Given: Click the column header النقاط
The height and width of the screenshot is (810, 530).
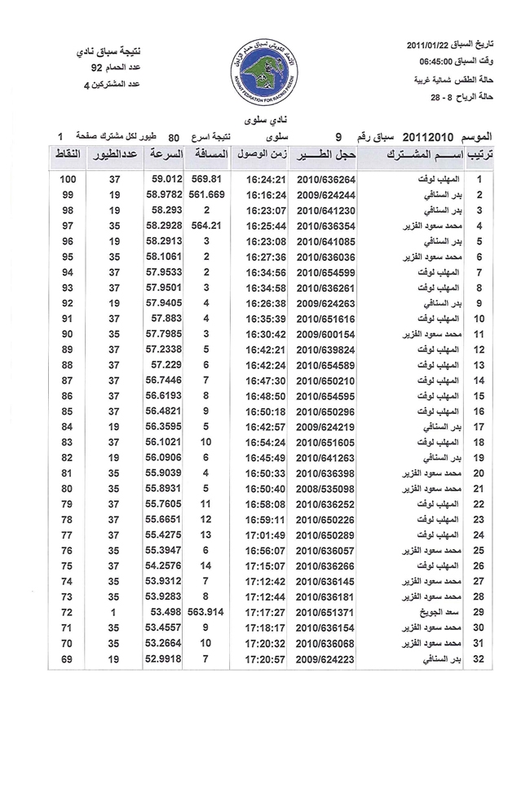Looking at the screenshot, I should (69, 154).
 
